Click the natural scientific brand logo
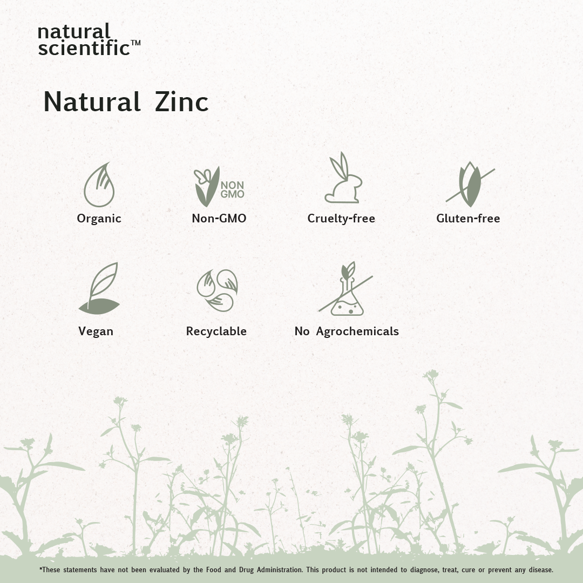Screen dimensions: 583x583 [89, 40]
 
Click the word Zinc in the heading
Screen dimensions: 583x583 [181, 101]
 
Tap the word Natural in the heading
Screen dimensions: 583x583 [92, 101]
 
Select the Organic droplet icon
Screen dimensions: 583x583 [99, 185]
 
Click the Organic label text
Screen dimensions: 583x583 [99, 219]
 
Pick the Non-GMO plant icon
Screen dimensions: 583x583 [219, 186]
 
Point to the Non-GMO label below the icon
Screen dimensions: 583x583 [219, 218]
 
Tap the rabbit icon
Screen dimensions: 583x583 [343, 178]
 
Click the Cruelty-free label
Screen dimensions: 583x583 [341, 218]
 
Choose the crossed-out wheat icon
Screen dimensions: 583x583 [470, 185]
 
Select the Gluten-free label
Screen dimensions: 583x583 [468, 218]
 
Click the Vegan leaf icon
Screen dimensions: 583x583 [99, 288]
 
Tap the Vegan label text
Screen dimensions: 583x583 [96, 331]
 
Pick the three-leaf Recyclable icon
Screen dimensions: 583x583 [217, 290]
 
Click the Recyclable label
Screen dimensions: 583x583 [216, 331]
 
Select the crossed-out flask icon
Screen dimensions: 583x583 [346, 289]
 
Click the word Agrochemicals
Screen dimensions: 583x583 [357, 331]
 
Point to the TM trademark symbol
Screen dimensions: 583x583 [135, 43]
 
